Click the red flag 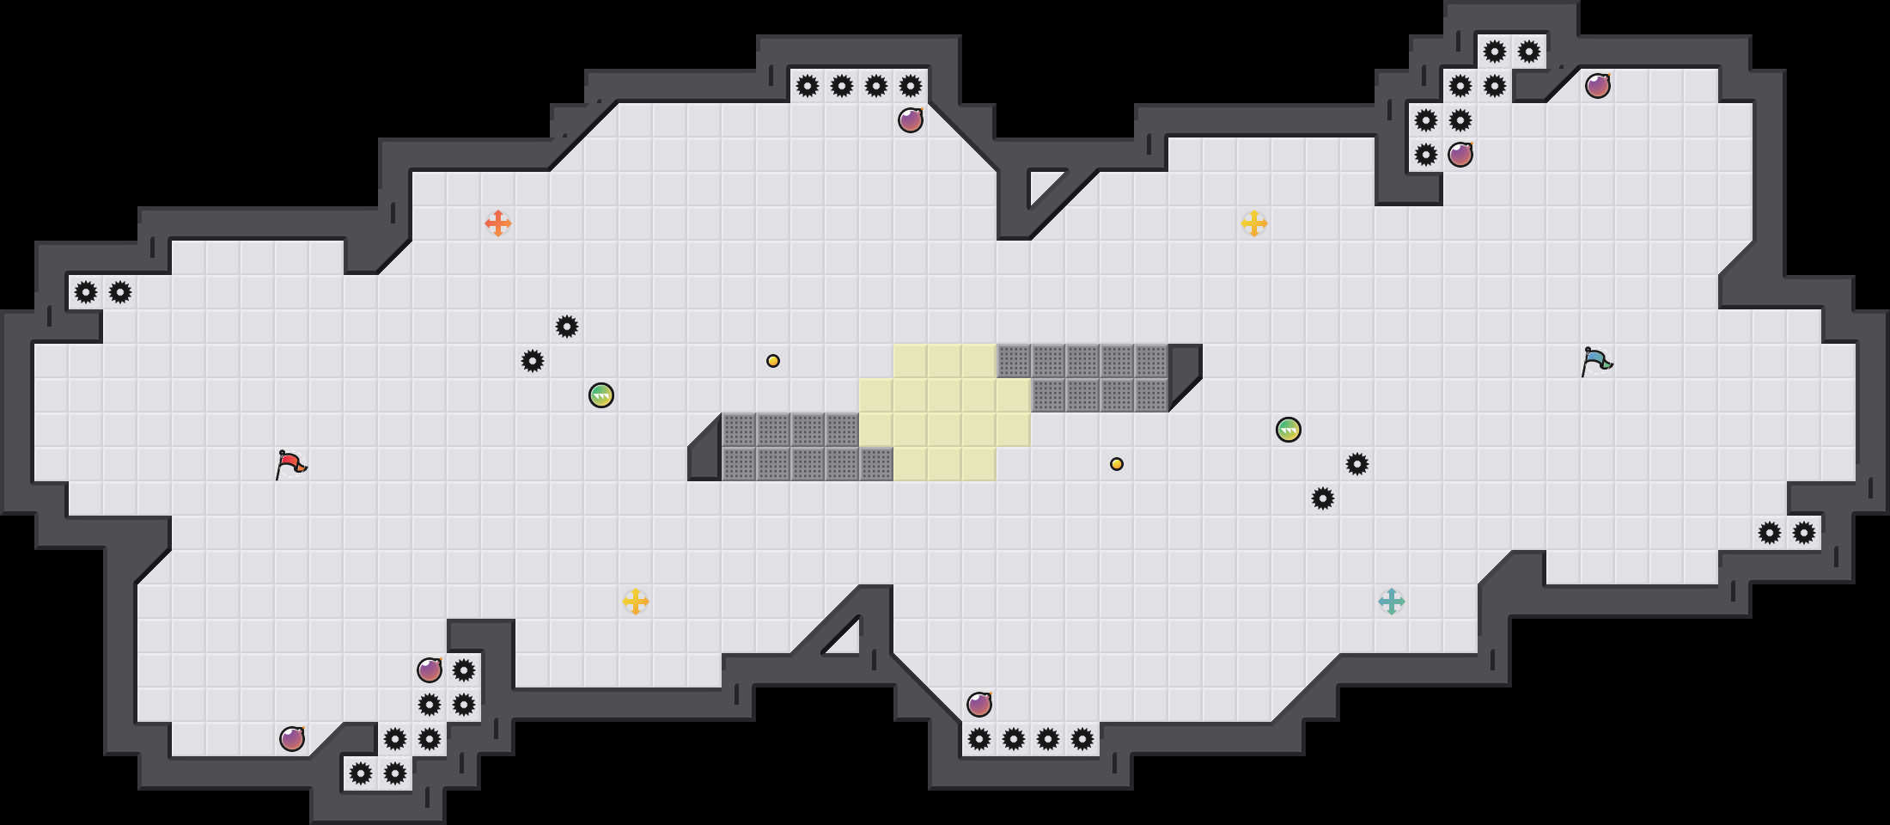pos(290,464)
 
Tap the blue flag pos(1596,361)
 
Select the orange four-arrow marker pos(498,223)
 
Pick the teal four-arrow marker pos(1392,602)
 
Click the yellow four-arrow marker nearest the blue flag pos(1254,223)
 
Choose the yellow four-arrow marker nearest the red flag pos(636,602)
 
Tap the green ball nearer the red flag pos(601,395)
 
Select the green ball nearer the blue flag pos(1289,430)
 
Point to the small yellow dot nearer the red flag pos(773,361)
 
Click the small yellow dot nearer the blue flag pos(1117,464)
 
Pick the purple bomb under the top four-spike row pos(911,120)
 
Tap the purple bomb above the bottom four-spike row pos(979,705)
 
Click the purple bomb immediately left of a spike pos(430,670)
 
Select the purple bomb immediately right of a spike pos(1460,155)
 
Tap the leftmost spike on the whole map pos(86,292)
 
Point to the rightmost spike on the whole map pos(1804,533)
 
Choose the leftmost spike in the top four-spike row pos(808,86)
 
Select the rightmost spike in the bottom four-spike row pos(1082,739)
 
